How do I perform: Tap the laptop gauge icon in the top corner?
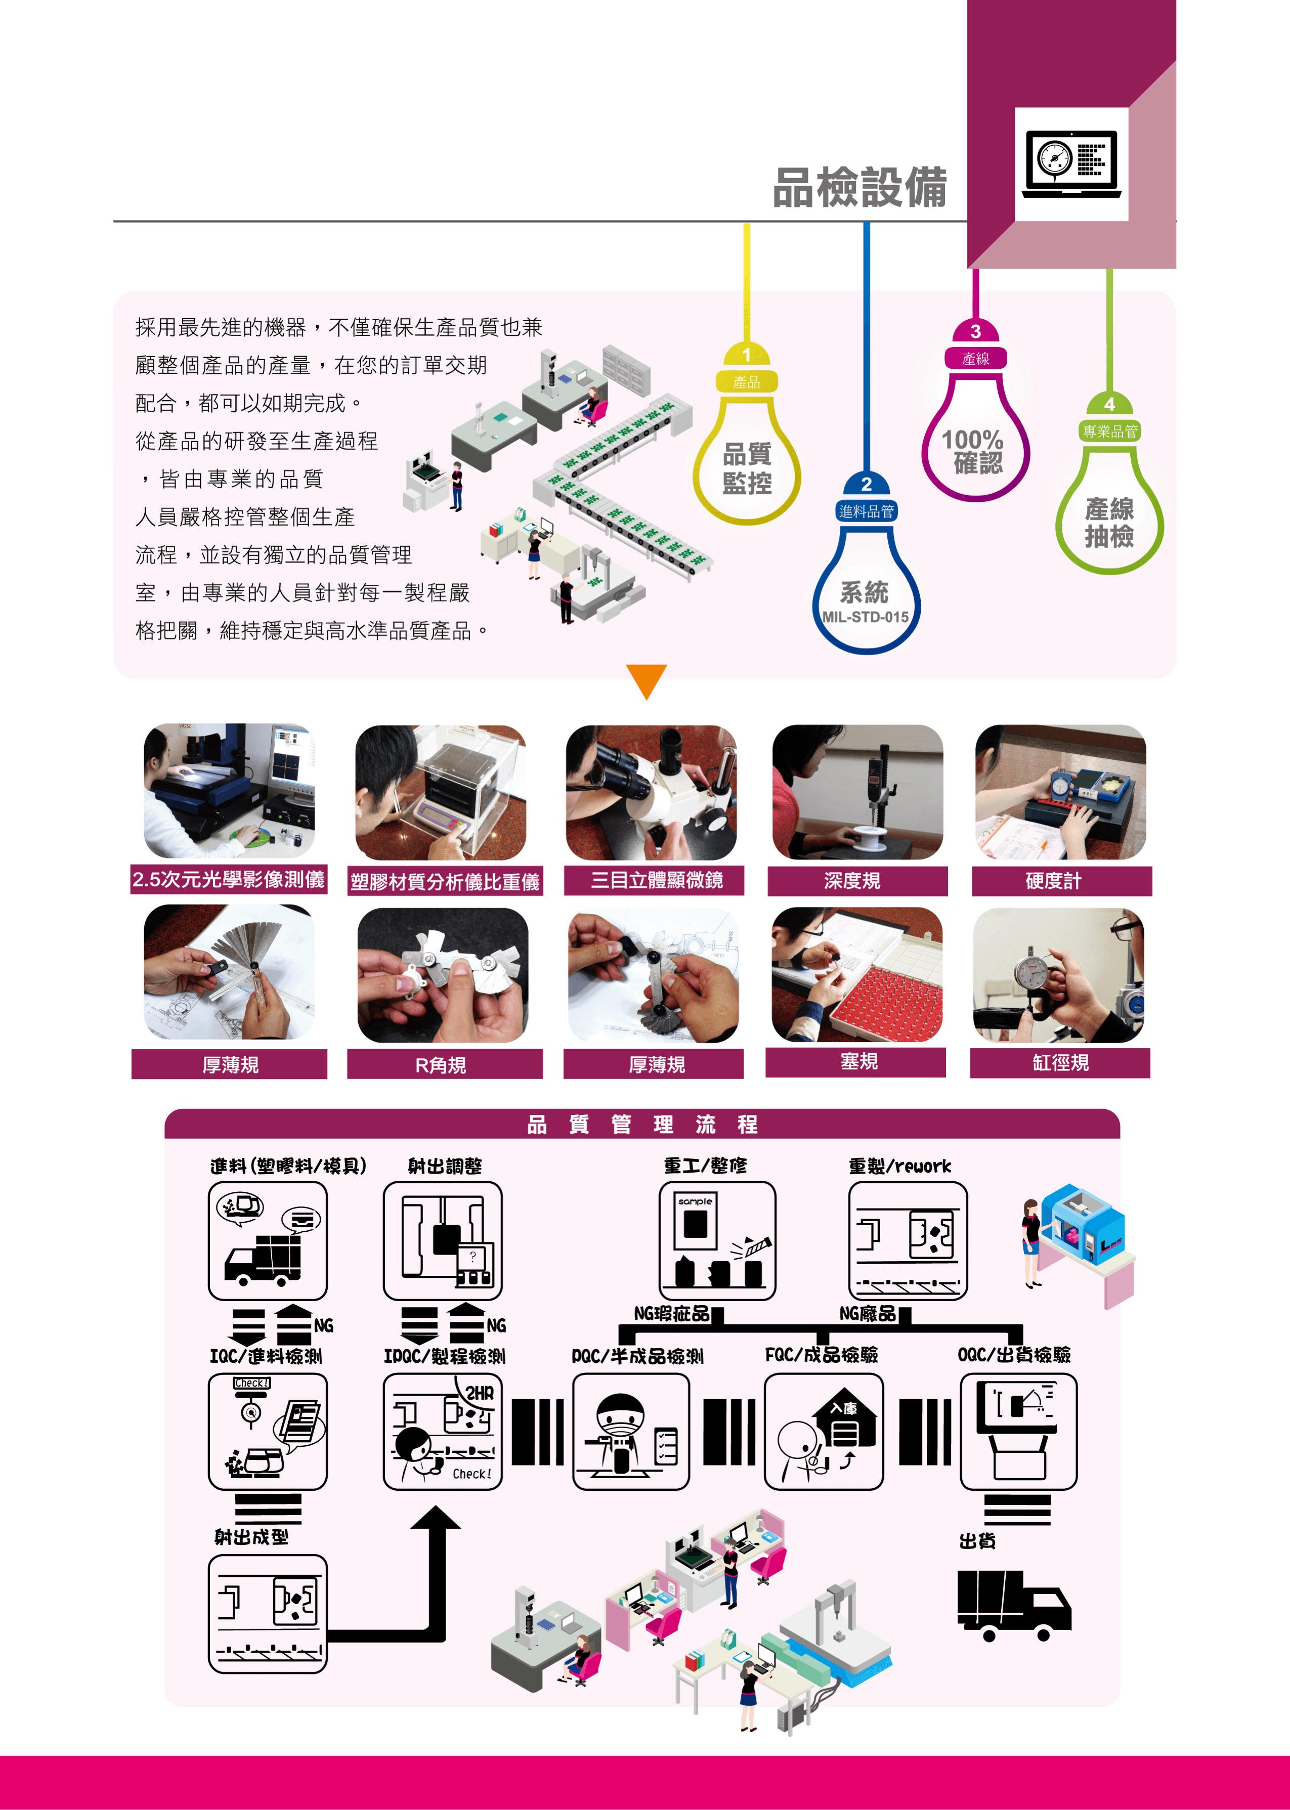click(1071, 163)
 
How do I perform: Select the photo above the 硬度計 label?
click(1060, 792)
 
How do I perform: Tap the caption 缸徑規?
click(1060, 1063)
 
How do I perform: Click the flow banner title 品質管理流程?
click(642, 1124)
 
